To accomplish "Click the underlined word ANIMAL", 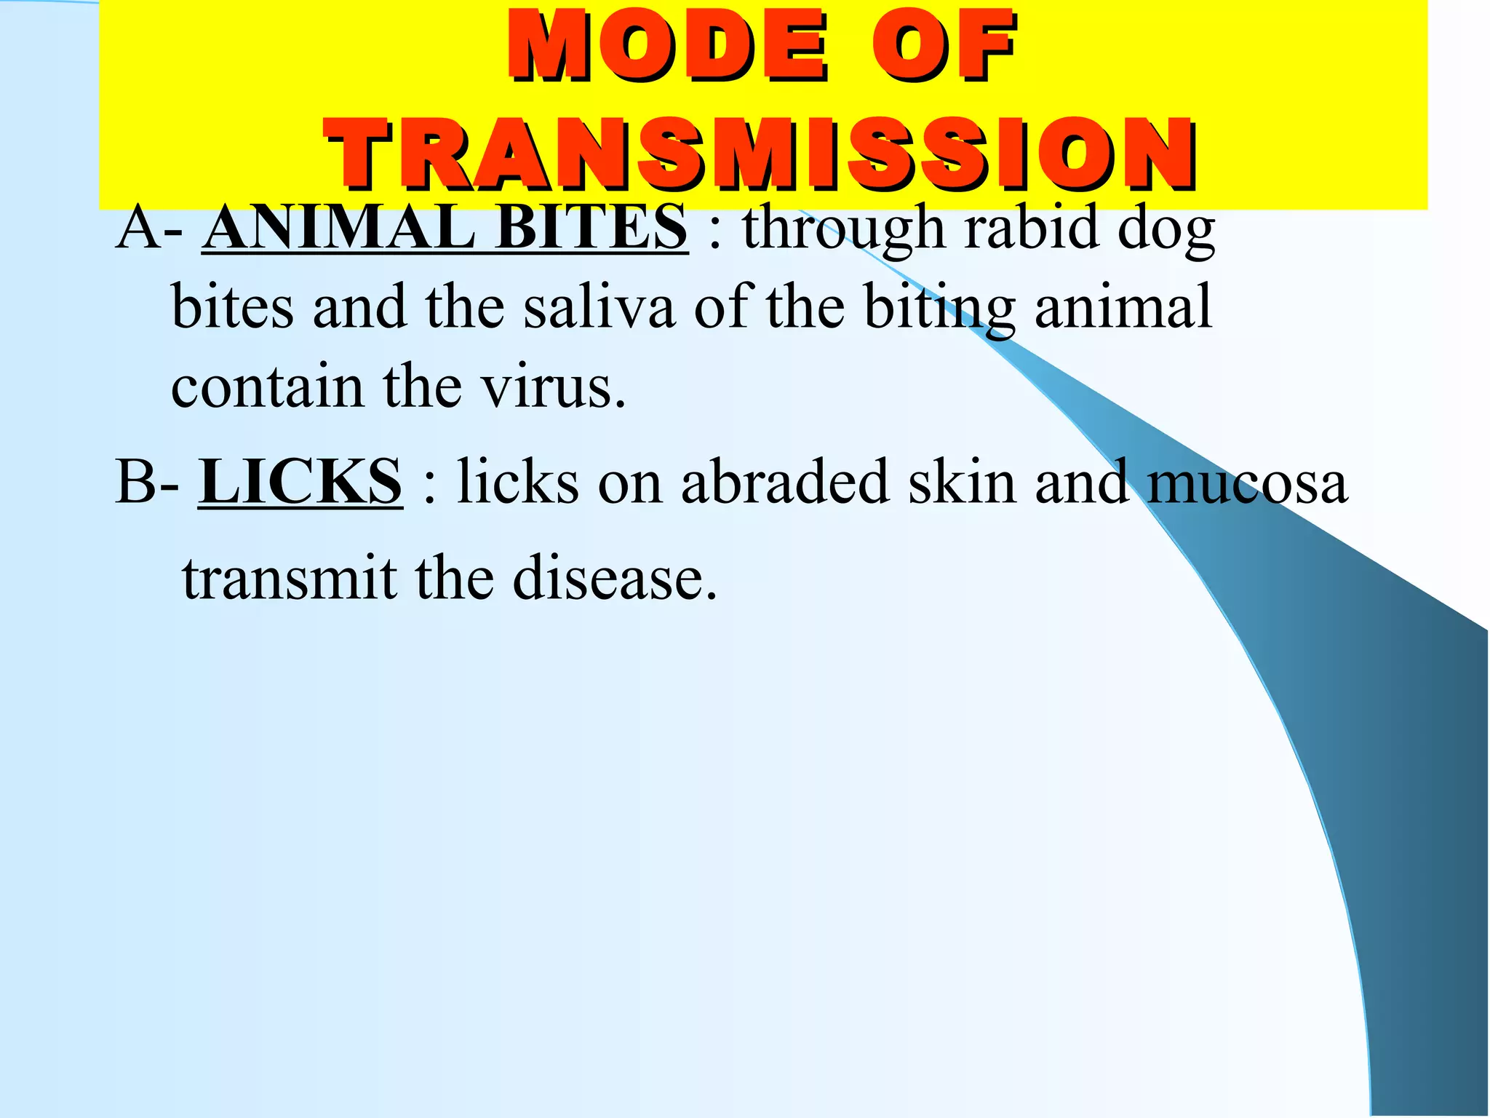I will click(339, 229).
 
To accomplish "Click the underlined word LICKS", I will click(300, 482).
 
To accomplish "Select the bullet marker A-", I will click(149, 229).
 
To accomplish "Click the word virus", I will click(553, 387).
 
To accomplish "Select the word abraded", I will click(785, 482).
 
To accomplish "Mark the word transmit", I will click(290, 578).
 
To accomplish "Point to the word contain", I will click(267, 387).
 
